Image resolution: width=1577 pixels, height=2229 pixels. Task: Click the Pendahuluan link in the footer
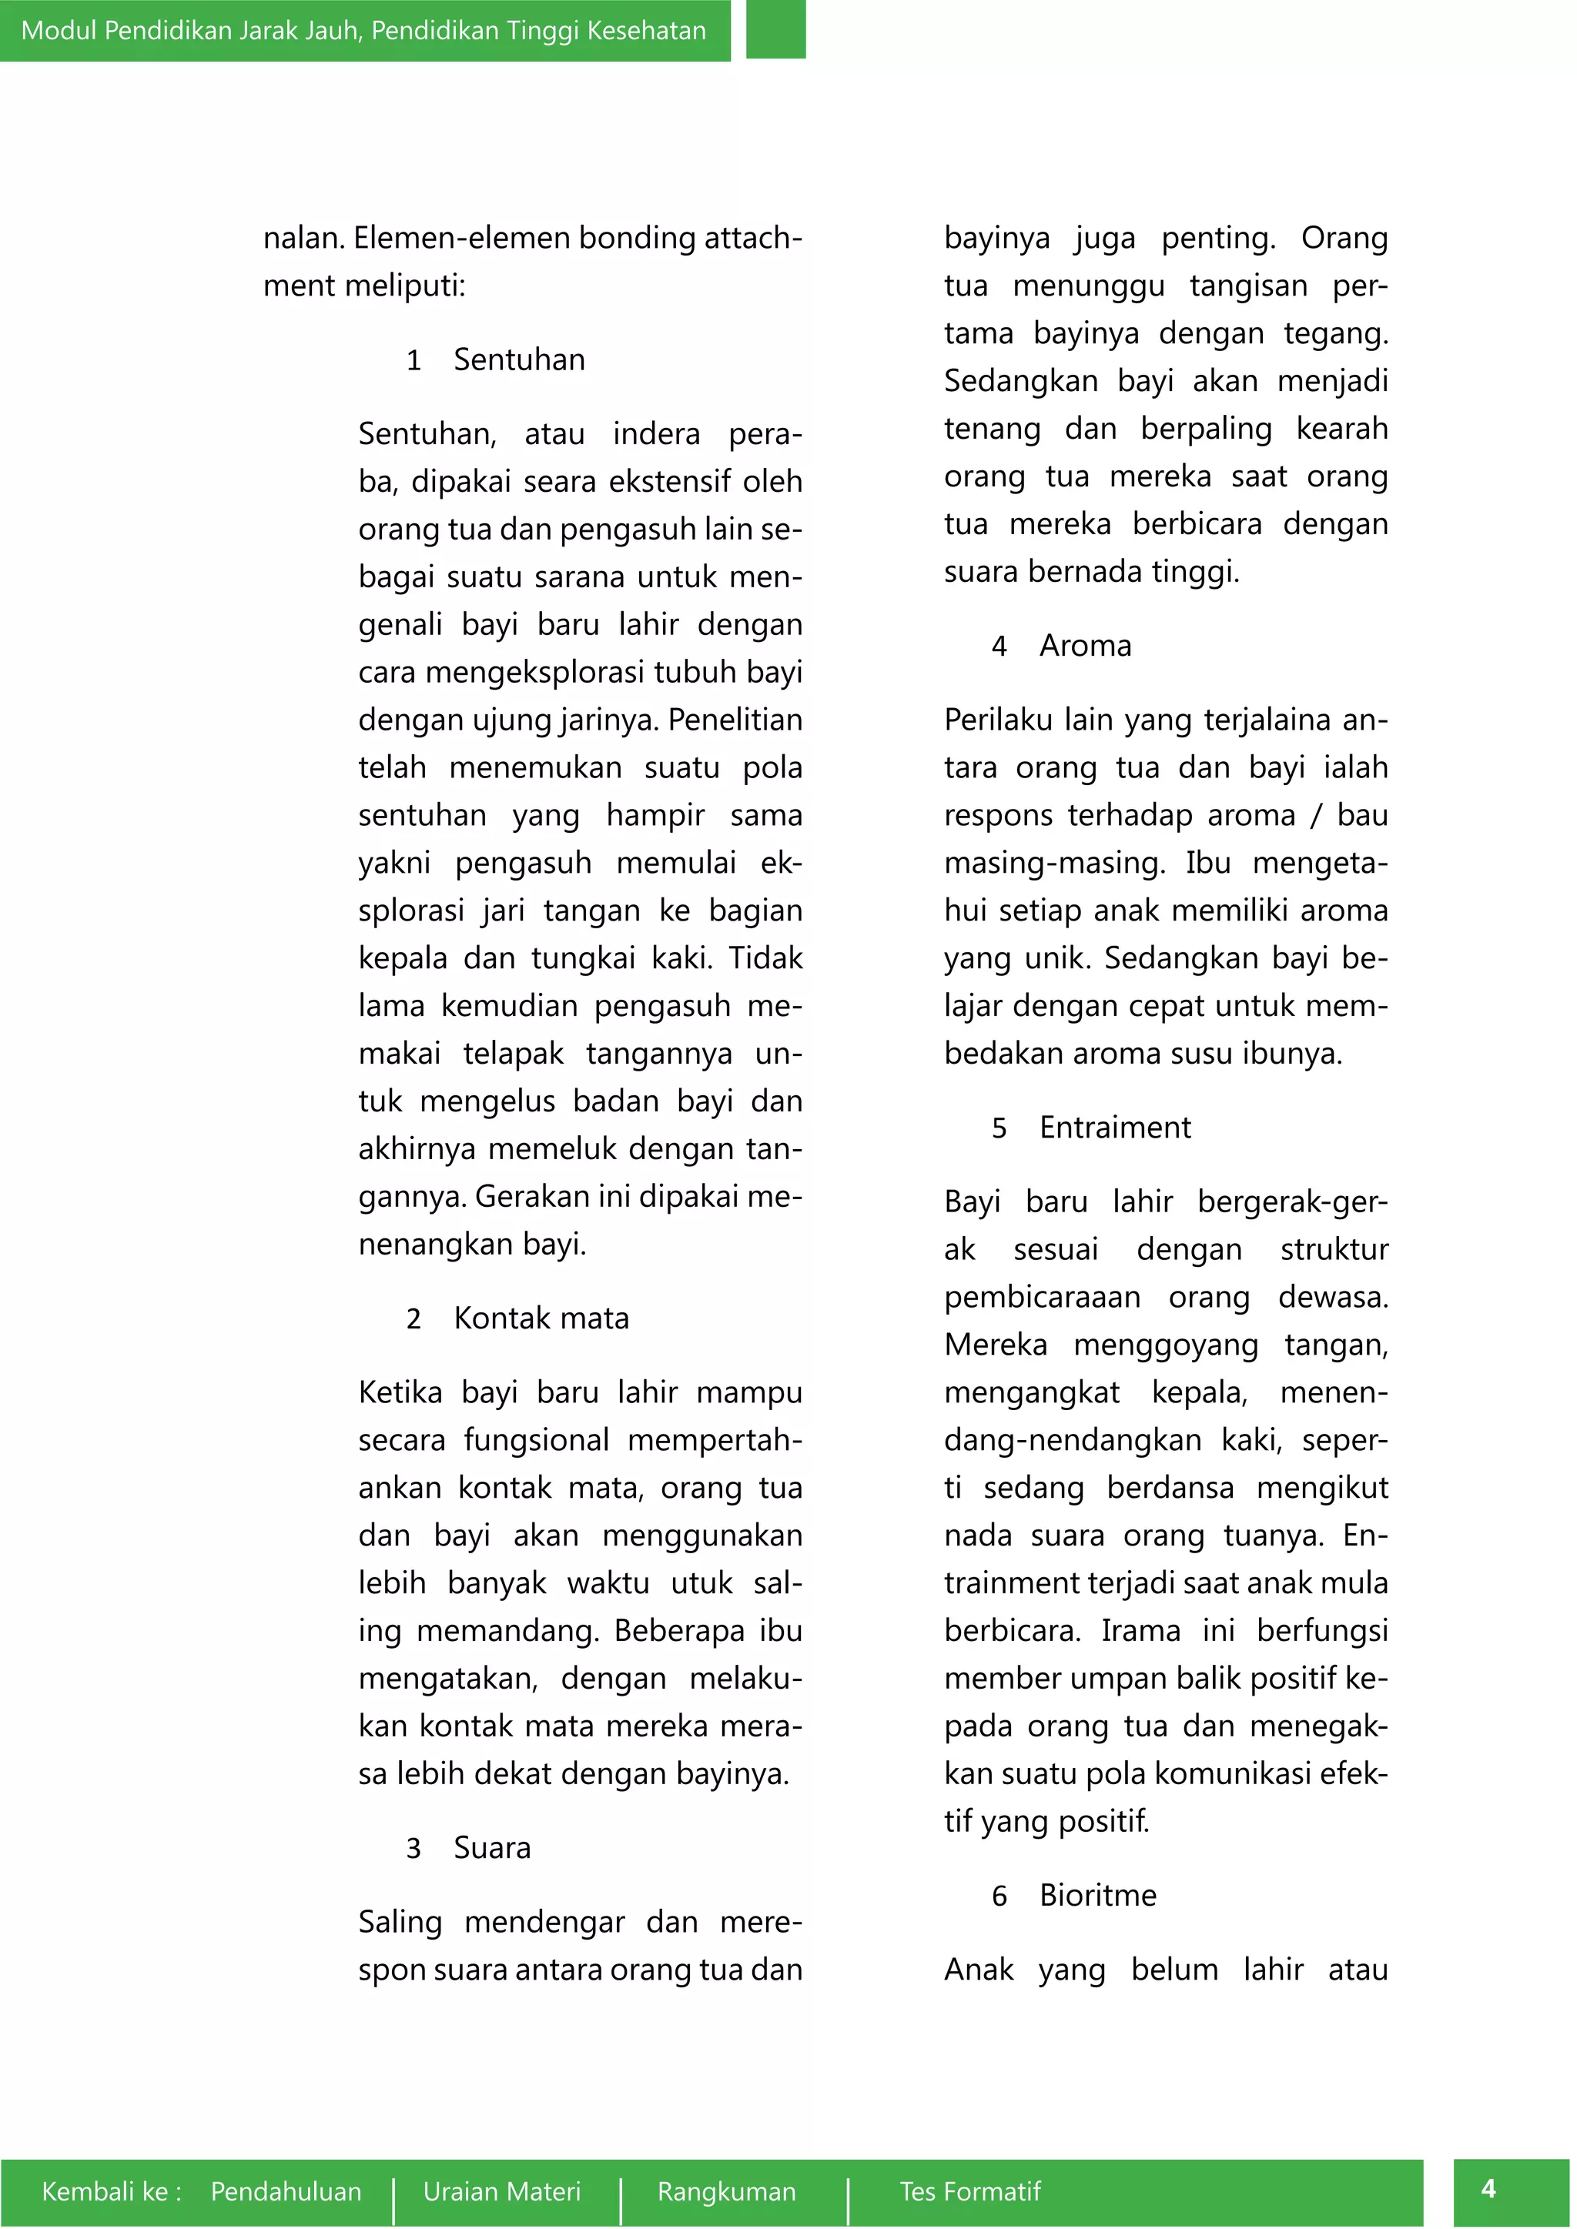[x=286, y=2191]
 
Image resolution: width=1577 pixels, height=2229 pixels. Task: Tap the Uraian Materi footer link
[x=501, y=2191]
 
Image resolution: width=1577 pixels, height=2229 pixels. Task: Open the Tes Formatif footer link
[x=969, y=2191]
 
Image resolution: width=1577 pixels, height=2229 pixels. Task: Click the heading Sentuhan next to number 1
[x=520, y=360]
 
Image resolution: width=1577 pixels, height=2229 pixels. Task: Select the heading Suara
[x=492, y=1847]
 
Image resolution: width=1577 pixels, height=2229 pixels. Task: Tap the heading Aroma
[x=1085, y=646]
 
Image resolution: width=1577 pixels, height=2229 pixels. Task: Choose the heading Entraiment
[x=1115, y=1127]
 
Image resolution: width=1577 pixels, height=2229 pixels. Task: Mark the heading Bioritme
[x=1097, y=1895]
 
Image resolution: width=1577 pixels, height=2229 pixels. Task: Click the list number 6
[x=999, y=1896]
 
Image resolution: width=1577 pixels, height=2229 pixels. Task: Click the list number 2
[x=414, y=1319]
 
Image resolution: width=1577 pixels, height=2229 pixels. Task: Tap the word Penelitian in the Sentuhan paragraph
[x=735, y=720]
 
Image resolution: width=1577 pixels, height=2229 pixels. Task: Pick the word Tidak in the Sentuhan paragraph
[x=765, y=958]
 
